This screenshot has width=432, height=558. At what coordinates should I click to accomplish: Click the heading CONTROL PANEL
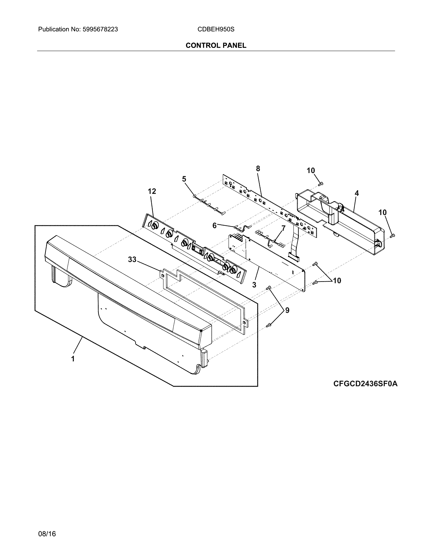point(216,45)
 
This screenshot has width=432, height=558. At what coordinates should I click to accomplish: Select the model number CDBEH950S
point(216,29)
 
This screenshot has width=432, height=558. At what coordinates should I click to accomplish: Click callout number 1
point(73,359)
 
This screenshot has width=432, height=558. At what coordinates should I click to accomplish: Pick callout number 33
point(132,260)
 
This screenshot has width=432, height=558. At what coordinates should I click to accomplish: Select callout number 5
point(184,179)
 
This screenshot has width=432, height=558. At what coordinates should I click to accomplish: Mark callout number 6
point(214,225)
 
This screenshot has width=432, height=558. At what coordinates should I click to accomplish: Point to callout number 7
point(283,228)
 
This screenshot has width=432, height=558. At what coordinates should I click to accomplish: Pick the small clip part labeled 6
point(242,227)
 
